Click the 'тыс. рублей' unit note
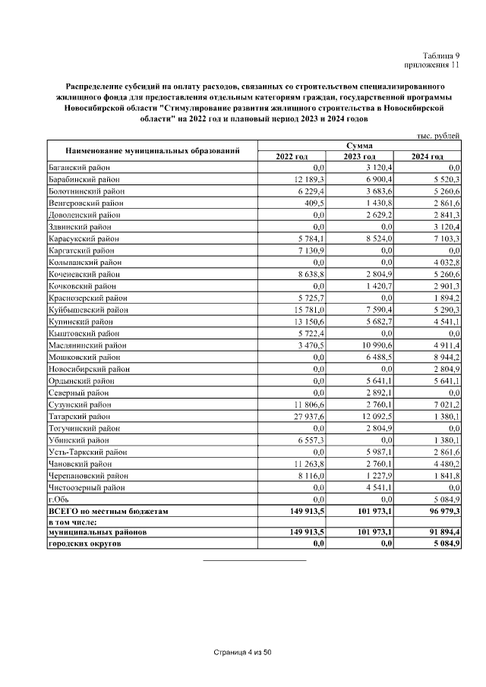437,134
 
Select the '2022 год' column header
292,156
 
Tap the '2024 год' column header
428,156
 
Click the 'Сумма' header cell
359,145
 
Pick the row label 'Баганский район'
79,167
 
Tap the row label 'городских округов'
84,544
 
